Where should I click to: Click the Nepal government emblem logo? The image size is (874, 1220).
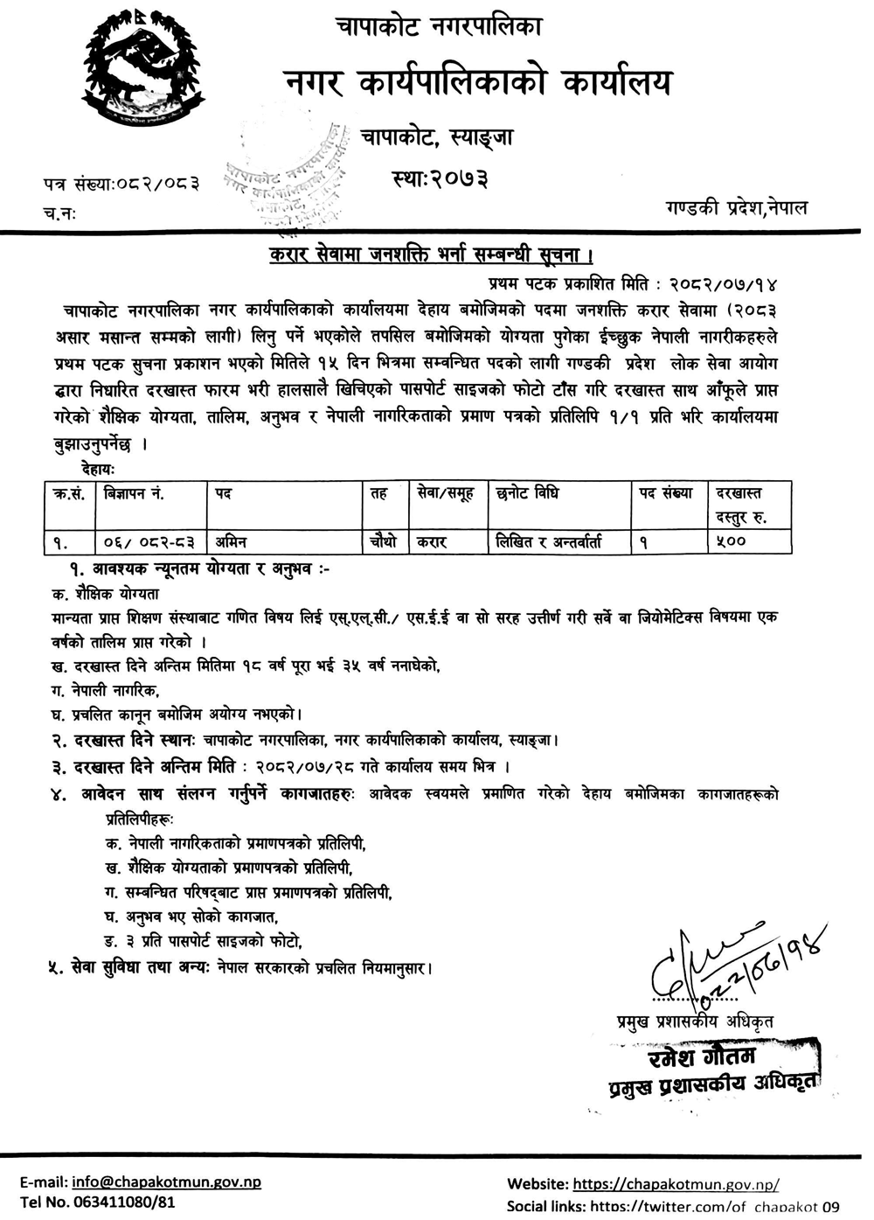pyautogui.click(x=144, y=74)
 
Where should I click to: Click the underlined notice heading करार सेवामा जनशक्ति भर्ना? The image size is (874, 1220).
pyautogui.click(x=431, y=256)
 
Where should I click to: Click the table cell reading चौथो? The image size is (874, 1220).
pyautogui.click(x=384, y=542)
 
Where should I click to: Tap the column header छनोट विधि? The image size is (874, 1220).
pyautogui.click(x=527, y=494)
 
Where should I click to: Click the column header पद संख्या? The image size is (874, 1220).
pyautogui.click(x=666, y=494)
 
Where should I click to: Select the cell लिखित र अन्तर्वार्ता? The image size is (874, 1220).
pyautogui.click(x=560, y=542)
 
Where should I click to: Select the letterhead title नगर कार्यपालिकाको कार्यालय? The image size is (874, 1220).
pyautogui.click(x=480, y=83)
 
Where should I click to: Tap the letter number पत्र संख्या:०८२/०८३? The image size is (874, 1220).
pyautogui.click(x=121, y=184)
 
